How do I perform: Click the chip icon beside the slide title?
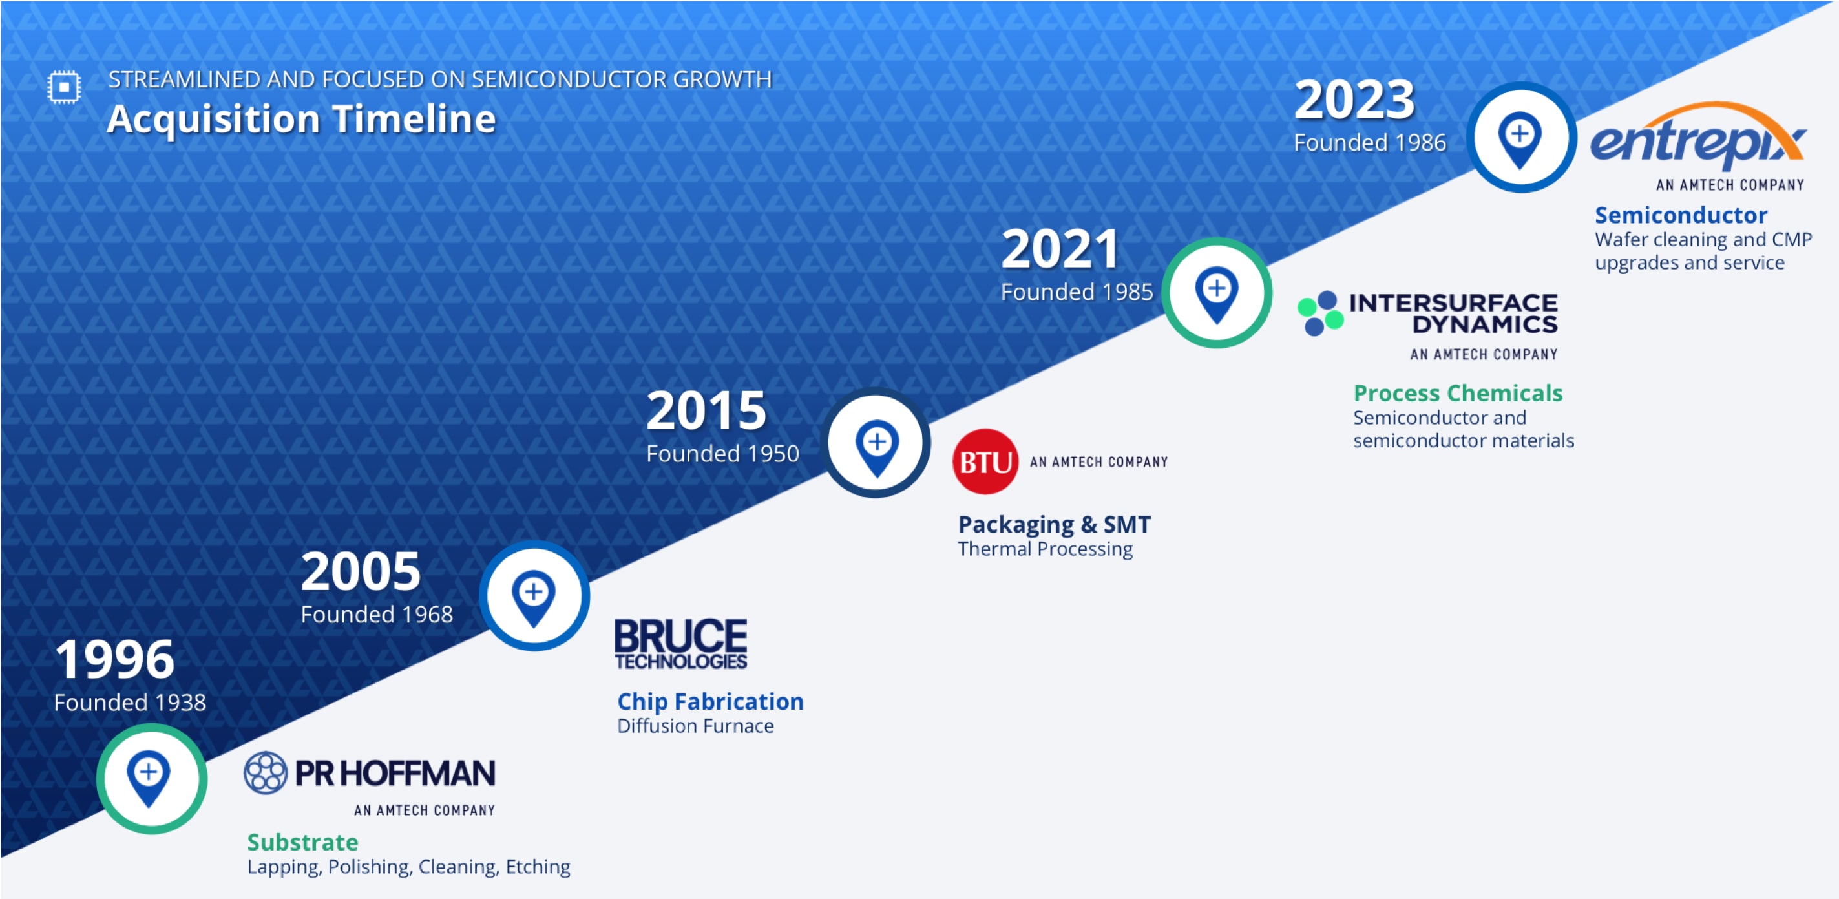point(64,87)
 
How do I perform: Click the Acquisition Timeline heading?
point(300,118)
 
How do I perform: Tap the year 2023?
point(1354,100)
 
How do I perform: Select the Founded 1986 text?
point(1369,143)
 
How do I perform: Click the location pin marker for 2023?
point(1520,137)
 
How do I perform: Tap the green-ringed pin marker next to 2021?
point(1217,293)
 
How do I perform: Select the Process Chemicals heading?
point(1458,393)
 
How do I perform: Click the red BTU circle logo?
point(985,462)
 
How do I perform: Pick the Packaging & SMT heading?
point(1054,524)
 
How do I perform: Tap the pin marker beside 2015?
point(877,444)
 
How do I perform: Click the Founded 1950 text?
point(722,454)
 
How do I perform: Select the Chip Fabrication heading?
point(710,701)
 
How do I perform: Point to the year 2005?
point(361,571)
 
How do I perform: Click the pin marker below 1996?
point(150,778)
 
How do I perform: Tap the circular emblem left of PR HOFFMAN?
point(266,772)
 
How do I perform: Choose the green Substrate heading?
point(302,842)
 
